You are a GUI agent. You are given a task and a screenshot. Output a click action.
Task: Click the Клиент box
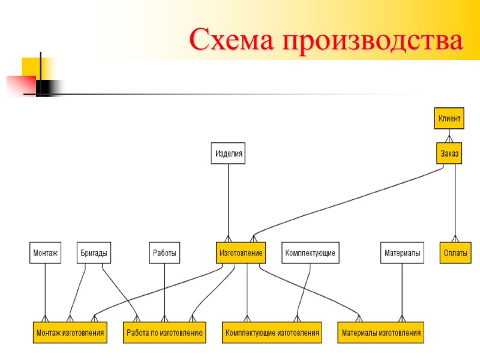point(449,119)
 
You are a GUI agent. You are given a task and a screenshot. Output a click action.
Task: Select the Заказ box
point(449,154)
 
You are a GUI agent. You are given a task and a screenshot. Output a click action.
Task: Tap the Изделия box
point(229,154)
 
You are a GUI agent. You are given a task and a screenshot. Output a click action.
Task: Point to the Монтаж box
point(45,253)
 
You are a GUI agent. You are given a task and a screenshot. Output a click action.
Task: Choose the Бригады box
point(94,253)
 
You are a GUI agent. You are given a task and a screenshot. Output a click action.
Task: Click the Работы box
point(164,253)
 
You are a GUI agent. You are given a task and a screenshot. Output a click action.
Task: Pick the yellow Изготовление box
point(241,253)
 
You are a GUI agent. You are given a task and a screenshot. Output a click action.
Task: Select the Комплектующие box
point(310,253)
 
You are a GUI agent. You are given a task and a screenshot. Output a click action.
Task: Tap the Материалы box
point(402,253)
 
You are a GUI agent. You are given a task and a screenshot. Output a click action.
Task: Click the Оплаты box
point(455,253)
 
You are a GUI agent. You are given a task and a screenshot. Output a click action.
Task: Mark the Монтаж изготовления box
point(70,332)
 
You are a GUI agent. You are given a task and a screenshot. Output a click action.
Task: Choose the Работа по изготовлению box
point(164,332)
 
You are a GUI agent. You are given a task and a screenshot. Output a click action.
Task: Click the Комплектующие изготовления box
point(272,332)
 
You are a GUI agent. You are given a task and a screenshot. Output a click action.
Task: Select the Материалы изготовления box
point(382,332)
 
